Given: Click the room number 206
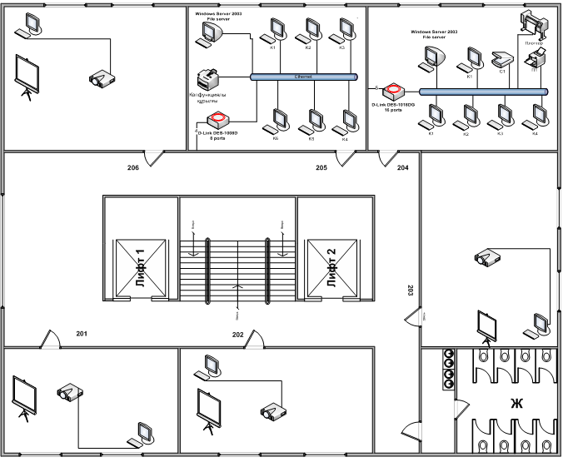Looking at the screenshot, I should pos(133,167).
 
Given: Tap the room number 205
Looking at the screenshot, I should pos(321,167).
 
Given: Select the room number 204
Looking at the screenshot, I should pos(403,167).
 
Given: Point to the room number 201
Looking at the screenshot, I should pos(82,334).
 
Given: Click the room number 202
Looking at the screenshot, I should pos(238,334).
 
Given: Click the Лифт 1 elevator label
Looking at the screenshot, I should pos(140,269).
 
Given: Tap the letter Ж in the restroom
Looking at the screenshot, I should pos(516,405).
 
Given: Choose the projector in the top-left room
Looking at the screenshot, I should pos(102,79).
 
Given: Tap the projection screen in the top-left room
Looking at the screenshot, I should pos(28,73).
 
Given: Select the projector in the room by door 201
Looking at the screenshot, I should pos(69,392).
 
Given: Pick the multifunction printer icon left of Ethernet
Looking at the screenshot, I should pos(206,80).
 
